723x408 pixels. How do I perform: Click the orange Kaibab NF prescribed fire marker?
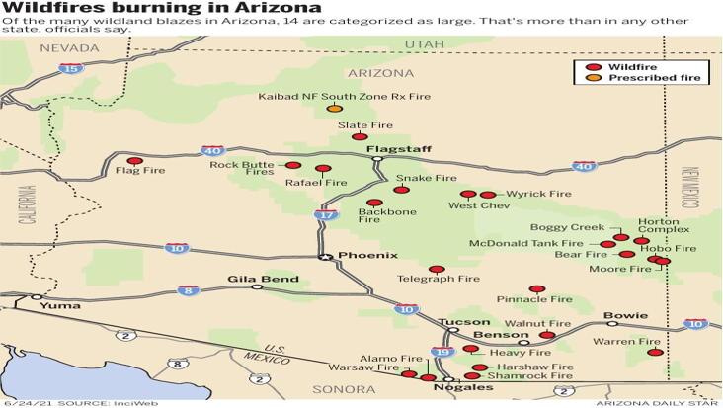pos(335,108)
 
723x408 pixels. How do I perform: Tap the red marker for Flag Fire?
pos(135,160)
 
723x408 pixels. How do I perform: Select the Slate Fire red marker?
pos(359,137)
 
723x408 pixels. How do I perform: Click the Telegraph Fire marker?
pos(437,269)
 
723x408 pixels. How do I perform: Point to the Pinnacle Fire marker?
pos(536,288)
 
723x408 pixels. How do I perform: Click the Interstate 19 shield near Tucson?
pos(441,353)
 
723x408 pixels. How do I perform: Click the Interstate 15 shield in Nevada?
pos(69,68)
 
